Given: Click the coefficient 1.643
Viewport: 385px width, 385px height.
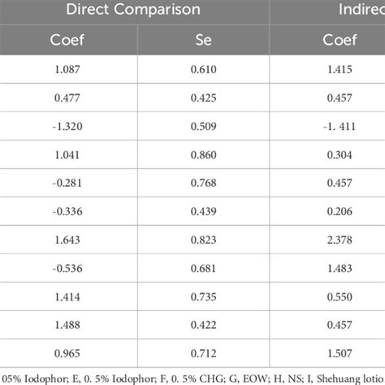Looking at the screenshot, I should tap(71, 241).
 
